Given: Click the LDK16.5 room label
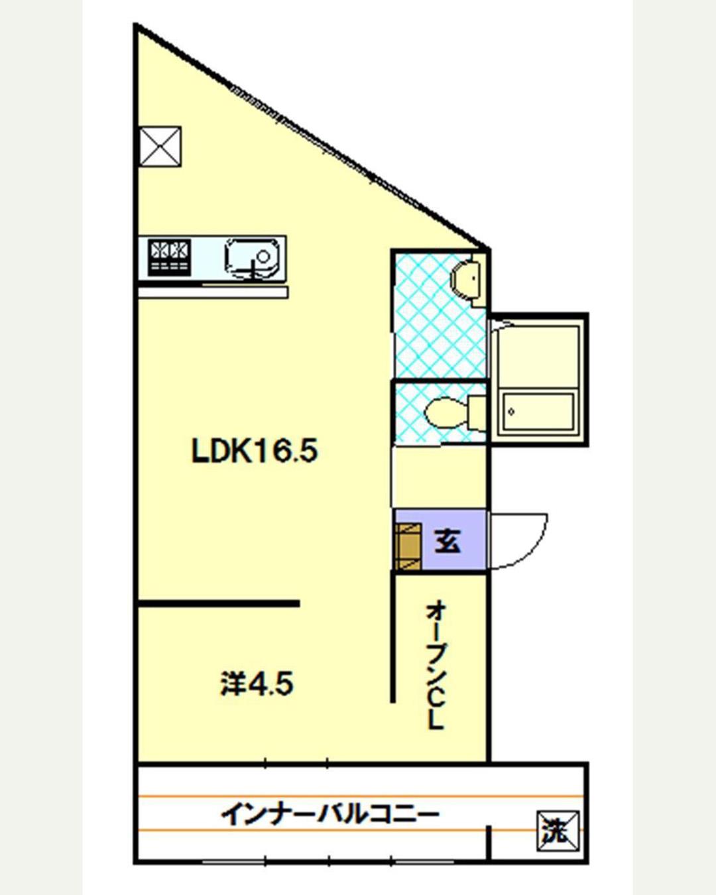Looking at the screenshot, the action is click(255, 451).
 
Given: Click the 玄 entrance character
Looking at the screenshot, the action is click(447, 541).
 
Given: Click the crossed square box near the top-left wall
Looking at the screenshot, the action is click(160, 147).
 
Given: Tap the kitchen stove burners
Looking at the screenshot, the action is click(170, 257).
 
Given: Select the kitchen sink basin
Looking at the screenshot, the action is click(252, 259).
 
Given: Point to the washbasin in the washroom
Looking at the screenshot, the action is click(465, 278).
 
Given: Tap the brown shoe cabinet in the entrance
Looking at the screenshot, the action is click(408, 546).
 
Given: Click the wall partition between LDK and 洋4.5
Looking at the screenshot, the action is click(219, 603).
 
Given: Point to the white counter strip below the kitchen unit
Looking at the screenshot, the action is click(213, 292).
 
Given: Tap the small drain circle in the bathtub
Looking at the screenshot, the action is click(511, 412).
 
